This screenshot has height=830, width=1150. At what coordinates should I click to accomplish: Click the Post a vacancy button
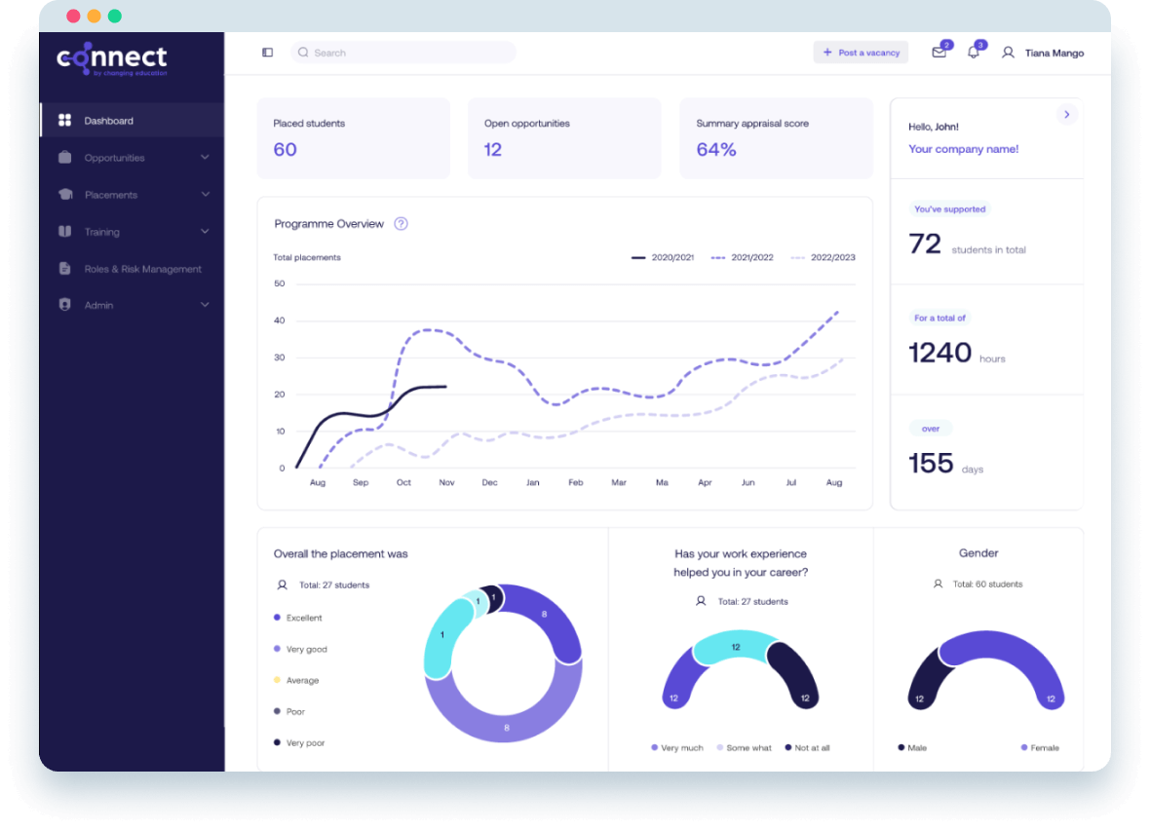pos(861,53)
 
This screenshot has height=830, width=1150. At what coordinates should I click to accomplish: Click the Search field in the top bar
pos(403,53)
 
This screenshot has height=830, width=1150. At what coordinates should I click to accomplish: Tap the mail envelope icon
pos(939,53)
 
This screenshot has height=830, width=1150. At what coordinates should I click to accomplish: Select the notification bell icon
pos(973,53)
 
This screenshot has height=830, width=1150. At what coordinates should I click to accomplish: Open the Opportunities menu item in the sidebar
pos(114,158)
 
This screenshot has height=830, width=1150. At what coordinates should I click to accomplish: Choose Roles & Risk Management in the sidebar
pos(142,269)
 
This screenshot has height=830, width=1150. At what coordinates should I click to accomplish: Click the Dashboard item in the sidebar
pos(108,121)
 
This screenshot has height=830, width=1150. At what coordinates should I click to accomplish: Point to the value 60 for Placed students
pos(285,149)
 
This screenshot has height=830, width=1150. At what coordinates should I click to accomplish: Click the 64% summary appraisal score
pos(716,149)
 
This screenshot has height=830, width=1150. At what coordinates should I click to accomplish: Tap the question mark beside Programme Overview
pos(401,224)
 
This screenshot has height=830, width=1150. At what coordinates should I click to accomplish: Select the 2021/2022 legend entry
pos(743,257)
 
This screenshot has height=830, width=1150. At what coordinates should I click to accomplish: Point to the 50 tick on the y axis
pos(280,283)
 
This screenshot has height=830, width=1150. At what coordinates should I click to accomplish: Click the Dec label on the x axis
pos(489,482)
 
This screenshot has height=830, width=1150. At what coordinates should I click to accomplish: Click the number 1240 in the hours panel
pos(940,353)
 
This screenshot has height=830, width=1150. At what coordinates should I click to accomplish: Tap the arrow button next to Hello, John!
pos(1067,115)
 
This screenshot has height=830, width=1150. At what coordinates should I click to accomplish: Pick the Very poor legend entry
pos(304,743)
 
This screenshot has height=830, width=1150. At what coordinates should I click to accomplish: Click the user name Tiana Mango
pos(1054,53)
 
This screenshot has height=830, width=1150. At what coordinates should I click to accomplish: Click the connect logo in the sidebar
pos(112,59)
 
